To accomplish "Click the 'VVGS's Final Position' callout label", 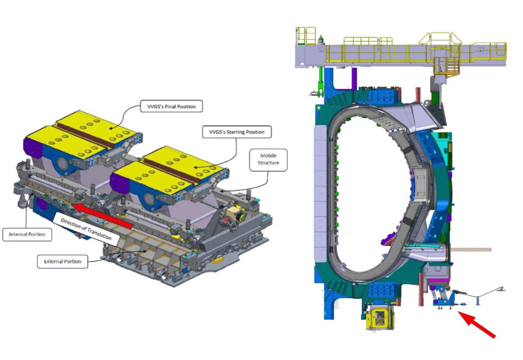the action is [x=171, y=107].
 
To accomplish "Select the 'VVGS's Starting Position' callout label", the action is [x=237, y=132].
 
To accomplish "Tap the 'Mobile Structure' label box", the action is [x=268, y=160].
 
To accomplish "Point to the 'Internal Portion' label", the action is [x=27, y=235].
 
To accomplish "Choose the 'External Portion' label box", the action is [x=62, y=261].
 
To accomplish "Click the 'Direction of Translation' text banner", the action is [x=86, y=229].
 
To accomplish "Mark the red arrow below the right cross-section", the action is [x=476, y=324].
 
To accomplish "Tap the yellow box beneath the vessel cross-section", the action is [x=380, y=318].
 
